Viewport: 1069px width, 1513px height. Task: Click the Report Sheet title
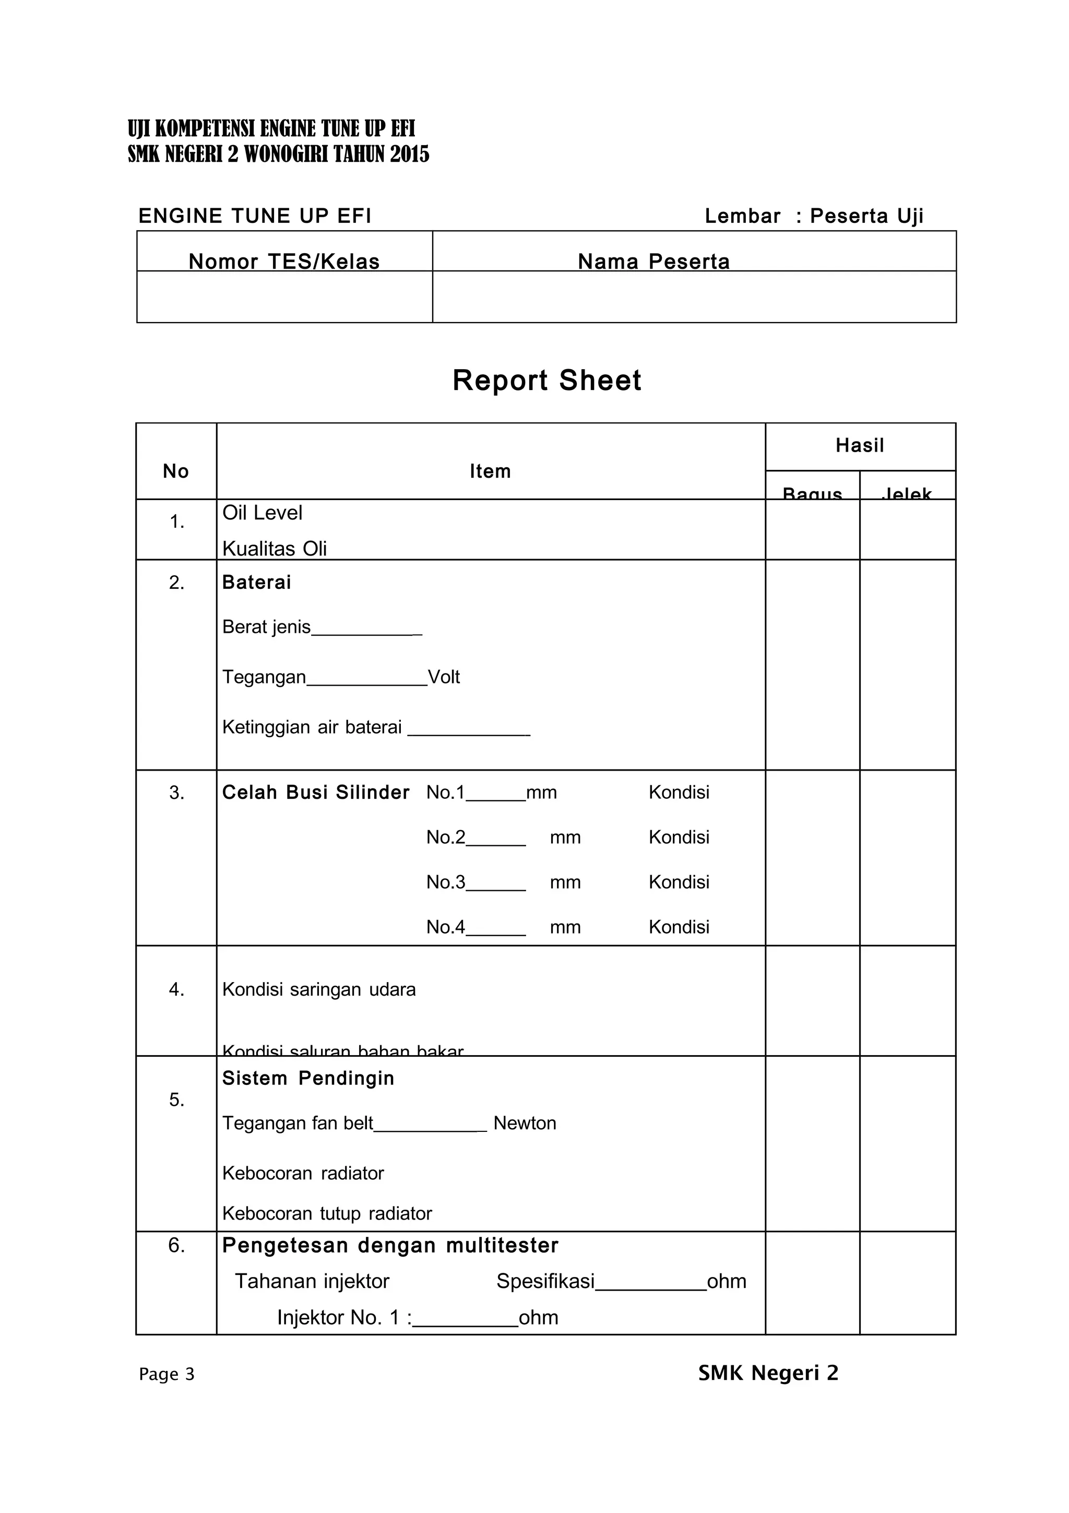tap(547, 380)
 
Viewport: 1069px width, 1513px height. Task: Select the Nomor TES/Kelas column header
tap(284, 262)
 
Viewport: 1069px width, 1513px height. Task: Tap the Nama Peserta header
tap(654, 262)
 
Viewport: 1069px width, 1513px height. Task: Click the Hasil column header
tap(860, 445)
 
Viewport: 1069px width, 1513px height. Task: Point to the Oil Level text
tap(262, 513)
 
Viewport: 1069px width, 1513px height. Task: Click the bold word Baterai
tap(256, 583)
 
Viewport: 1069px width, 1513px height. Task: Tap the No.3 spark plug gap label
tap(446, 882)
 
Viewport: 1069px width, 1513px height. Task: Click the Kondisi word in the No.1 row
tap(679, 792)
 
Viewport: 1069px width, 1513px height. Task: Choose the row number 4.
tap(176, 989)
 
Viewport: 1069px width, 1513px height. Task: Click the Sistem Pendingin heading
tap(307, 1078)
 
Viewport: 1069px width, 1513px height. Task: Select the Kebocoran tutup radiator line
tap(327, 1213)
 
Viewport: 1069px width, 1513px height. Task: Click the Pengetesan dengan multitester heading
tap(390, 1246)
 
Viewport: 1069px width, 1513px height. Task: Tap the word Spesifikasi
tap(545, 1281)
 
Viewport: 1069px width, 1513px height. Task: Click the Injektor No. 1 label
tap(344, 1317)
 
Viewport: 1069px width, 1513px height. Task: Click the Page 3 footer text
tap(167, 1374)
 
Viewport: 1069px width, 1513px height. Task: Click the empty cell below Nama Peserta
tap(694, 297)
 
